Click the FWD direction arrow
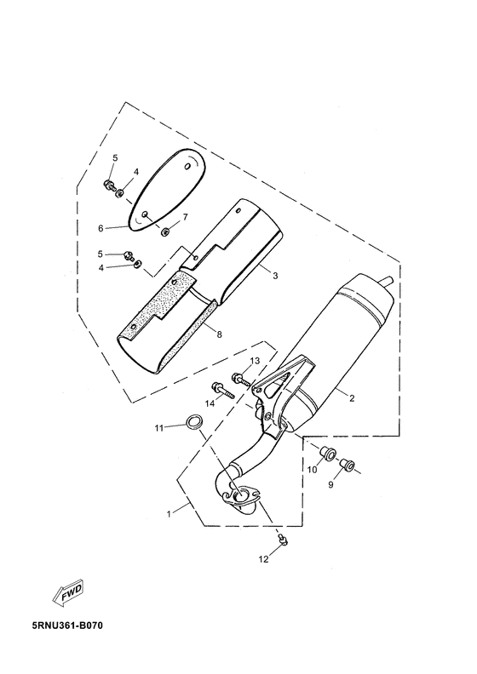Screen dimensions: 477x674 [x=67, y=593]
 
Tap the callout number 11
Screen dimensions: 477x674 [x=159, y=428]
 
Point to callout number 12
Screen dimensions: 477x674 [x=263, y=559]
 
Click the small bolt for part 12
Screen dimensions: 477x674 [x=283, y=539]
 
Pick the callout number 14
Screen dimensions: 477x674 [x=210, y=403]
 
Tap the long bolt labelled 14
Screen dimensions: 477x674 [x=222, y=391]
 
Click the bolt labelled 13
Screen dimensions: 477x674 [x=241, y=380]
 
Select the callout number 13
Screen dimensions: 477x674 [x=255, y=360]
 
